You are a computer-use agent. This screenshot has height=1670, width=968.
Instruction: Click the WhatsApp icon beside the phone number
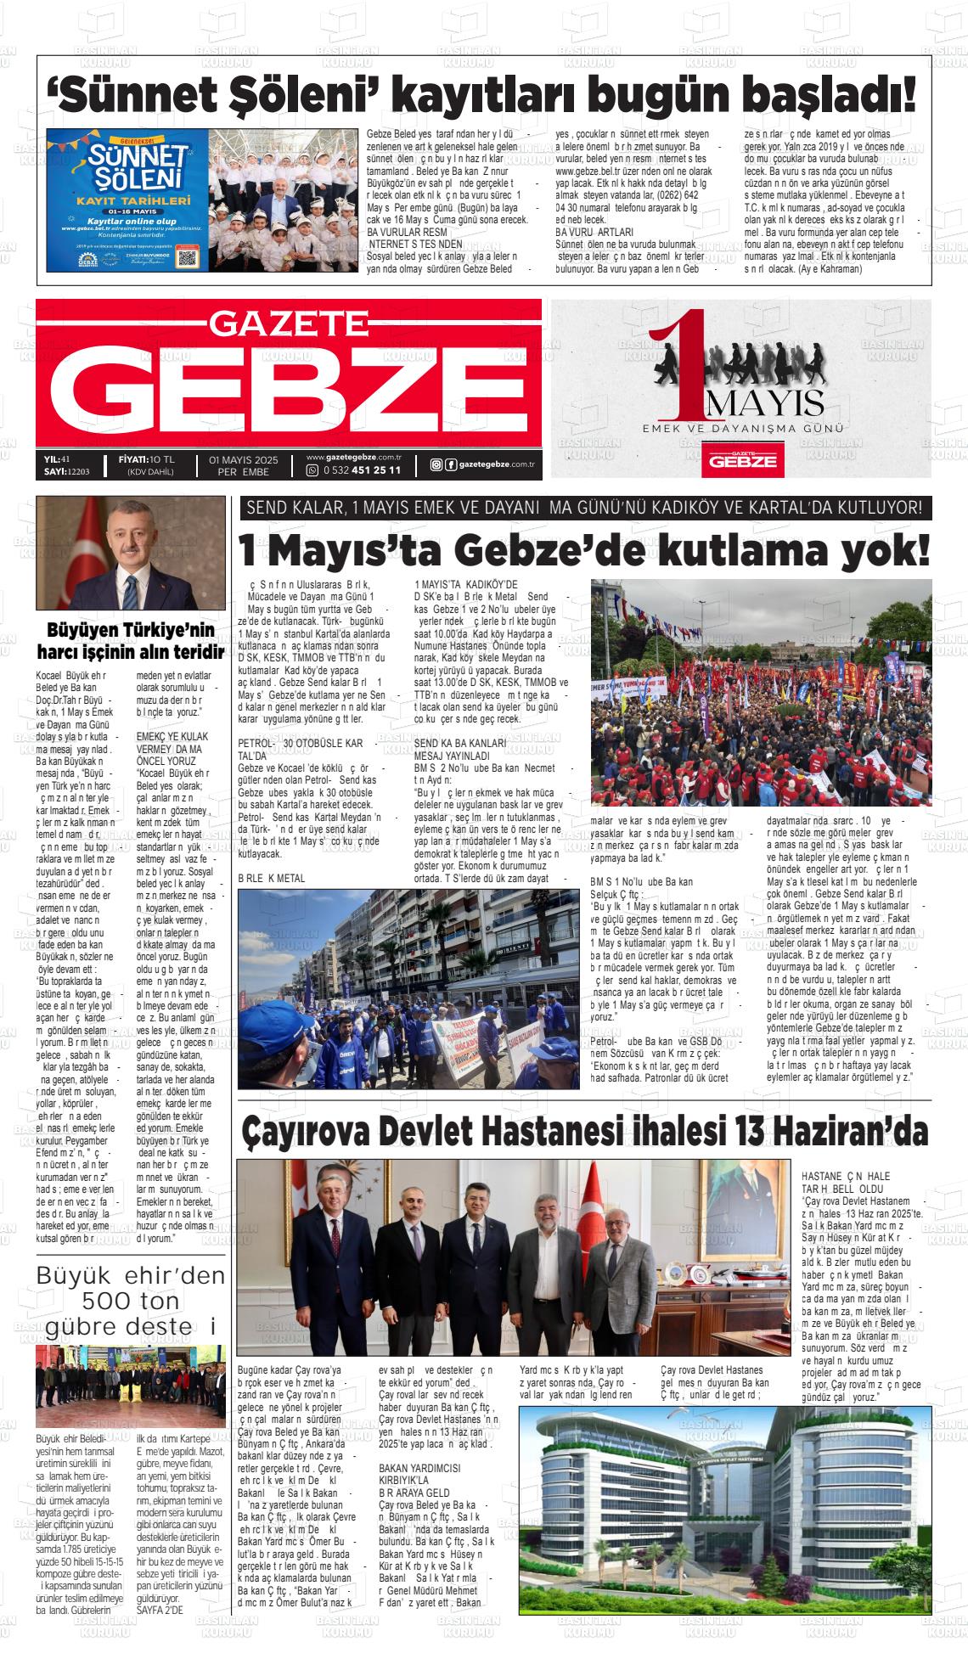[x=312, y=470]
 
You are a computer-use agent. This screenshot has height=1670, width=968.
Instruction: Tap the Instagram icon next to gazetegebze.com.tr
[x=436, y=464]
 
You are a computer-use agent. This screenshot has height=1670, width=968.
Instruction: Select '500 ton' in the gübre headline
[x=131, y=1300]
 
